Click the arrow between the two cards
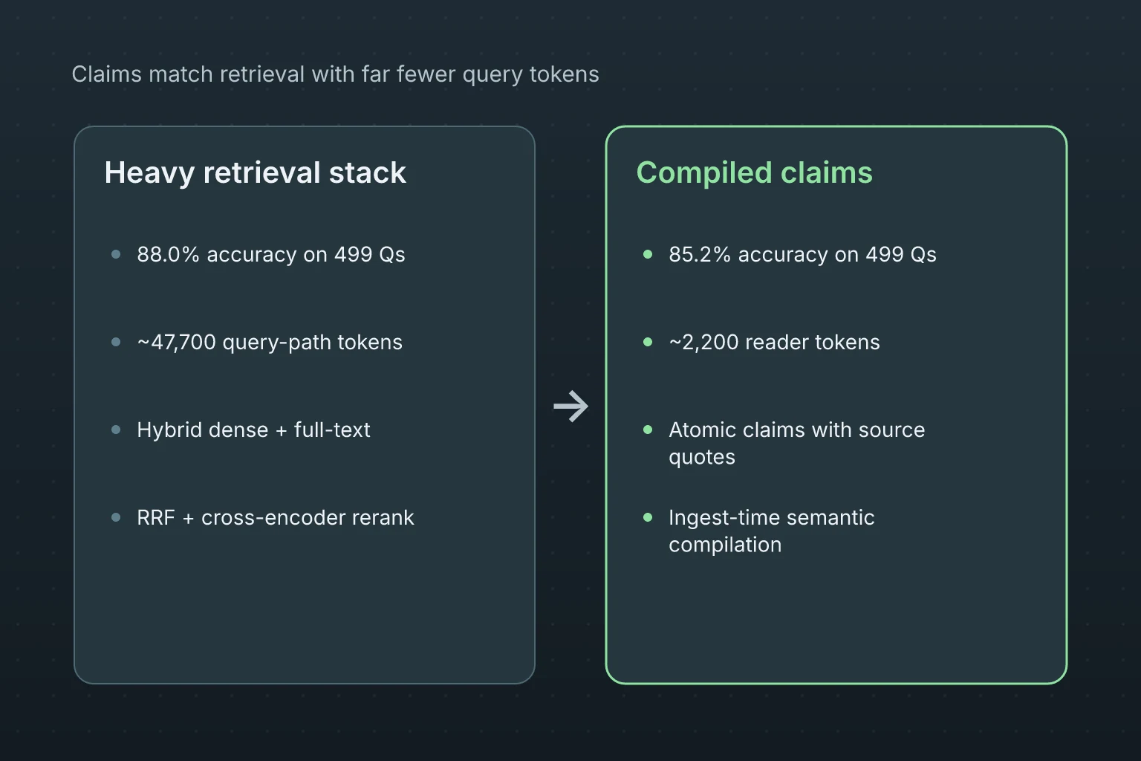[x=570, y=407]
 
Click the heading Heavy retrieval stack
[x=256, y=173]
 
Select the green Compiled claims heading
[x=755, y=173]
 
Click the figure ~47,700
[x=176, y=343]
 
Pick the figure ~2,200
[x=703, y=343]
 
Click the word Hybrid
[x=169, y=430]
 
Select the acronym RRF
[x=156, y=518]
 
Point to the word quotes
[x=702, y=458]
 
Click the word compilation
[x=725, y=545]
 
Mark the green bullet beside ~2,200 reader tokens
[x=648, y=342]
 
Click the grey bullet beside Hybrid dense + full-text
[x=116, y=430]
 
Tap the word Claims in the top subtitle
[x=106, y=74]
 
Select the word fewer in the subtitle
[x=426, y=74]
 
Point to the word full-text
[x=332, y=430]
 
